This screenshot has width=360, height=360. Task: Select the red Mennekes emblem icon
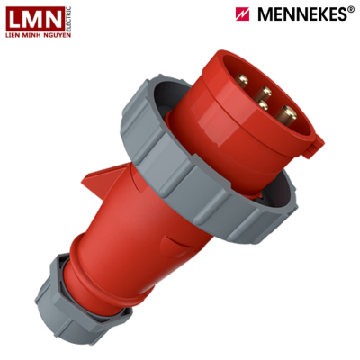pyautogui.click(x=243, y=13)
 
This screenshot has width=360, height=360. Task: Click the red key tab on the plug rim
pyautogui.click(x=314, y=139)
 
